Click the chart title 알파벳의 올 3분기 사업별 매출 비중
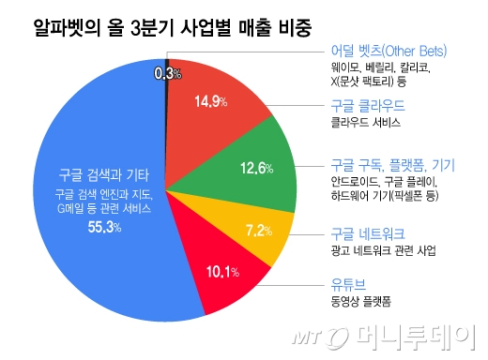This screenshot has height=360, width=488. (160, 22)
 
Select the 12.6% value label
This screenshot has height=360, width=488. (256, 169)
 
